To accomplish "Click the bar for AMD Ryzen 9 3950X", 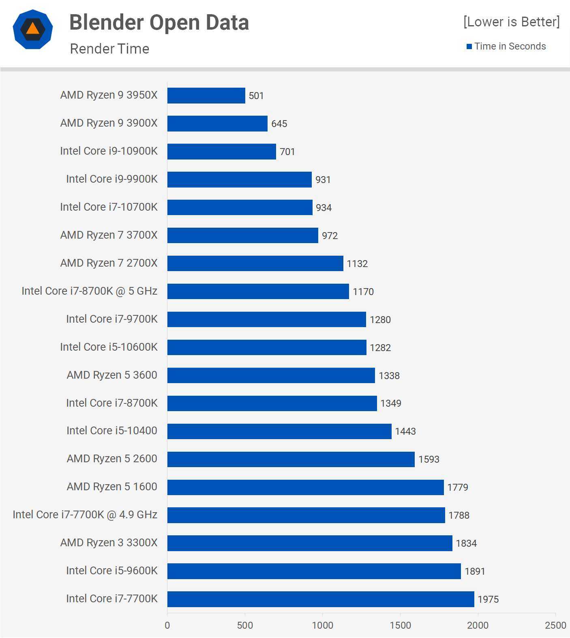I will pyautogui.click(x=206, y=96).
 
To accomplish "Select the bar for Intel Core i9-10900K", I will pyautogui.click(x=221, y=151).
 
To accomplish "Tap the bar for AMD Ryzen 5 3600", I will pyautogui.click(x=271, y=375).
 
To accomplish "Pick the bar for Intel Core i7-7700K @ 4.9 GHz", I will pyautogui.click(x=306, y=515).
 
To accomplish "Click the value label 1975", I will pyautogui.click(x=488, y=599).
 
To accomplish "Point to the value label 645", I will pyautogui.click(x=279, y=124).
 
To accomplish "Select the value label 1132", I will pyautogui.click(x=357, y=264).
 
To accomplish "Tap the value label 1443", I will pyautogui.click(x=405, y=431).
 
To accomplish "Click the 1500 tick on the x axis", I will pyautogui.click(x=400, y=625).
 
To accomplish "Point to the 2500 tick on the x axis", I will pyautogui.click(x=555, y=625).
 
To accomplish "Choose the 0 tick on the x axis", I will pyautogui.click(x=167, y=625).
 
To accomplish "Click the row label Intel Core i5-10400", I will pyautogui.click(x=111, y=431).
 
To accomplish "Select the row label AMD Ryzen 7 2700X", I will pyautogui.click(x=109, y=263).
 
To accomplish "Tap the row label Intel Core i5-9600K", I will pyautogui.click(x=111, y=571).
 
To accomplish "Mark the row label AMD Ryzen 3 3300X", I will pyautogui.click(x=109, y=543).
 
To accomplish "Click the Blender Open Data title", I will pyautogui.click(x=159, y=22).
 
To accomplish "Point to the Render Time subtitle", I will pyautogui.click(x=109, y=49).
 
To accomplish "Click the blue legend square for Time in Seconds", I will pyautogui.click(x=469, y=47).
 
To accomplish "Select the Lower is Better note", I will pyautogui.click(x=511, y=22).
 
